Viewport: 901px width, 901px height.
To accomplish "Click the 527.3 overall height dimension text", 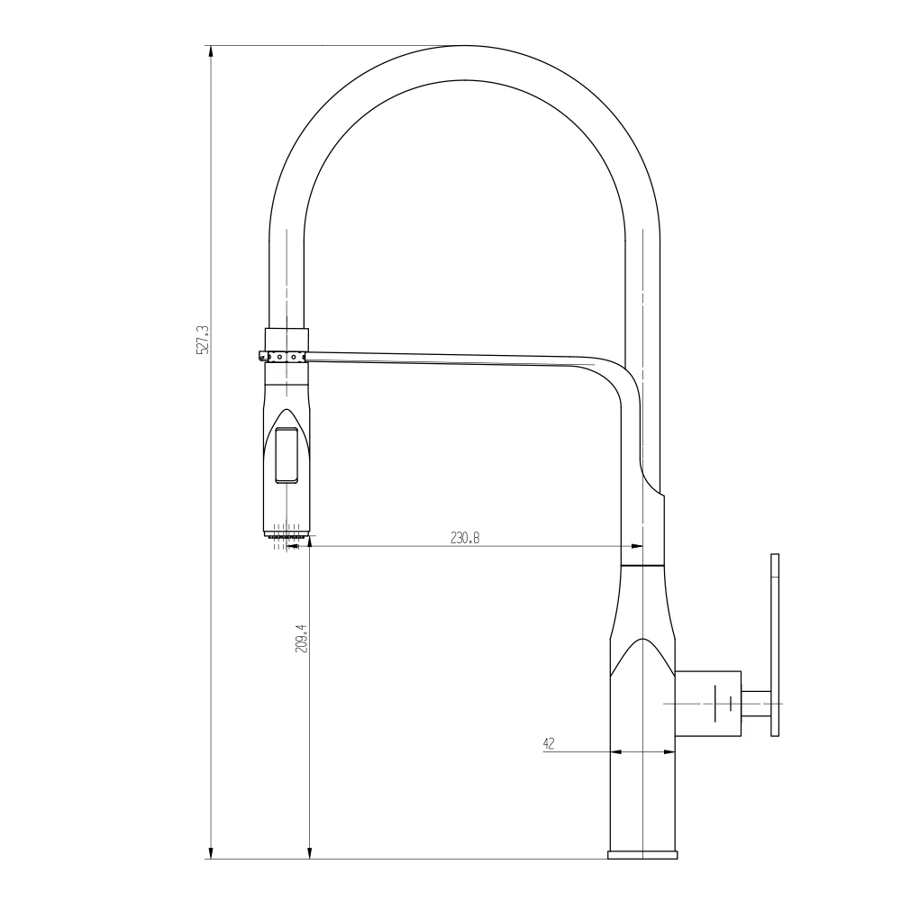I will pos(203,340).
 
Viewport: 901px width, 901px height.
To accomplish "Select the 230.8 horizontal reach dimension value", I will pos(465,538).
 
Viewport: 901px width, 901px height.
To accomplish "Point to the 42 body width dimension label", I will pos(548,743).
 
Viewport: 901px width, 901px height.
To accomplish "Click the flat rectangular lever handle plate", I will pos(774,645).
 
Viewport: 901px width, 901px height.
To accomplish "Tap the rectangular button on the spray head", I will pos(287,456).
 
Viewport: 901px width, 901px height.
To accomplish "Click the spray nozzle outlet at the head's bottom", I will pos(287,538).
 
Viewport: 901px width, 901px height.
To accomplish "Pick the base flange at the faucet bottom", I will pos(642,854).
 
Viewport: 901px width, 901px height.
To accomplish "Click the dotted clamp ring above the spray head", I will pos(284,357).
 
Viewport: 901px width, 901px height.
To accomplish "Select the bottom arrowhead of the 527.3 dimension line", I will pos(211,851).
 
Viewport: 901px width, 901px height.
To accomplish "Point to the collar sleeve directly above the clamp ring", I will pos(287,339).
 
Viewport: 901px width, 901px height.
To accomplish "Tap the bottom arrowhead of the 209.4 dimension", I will pos(310,851).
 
